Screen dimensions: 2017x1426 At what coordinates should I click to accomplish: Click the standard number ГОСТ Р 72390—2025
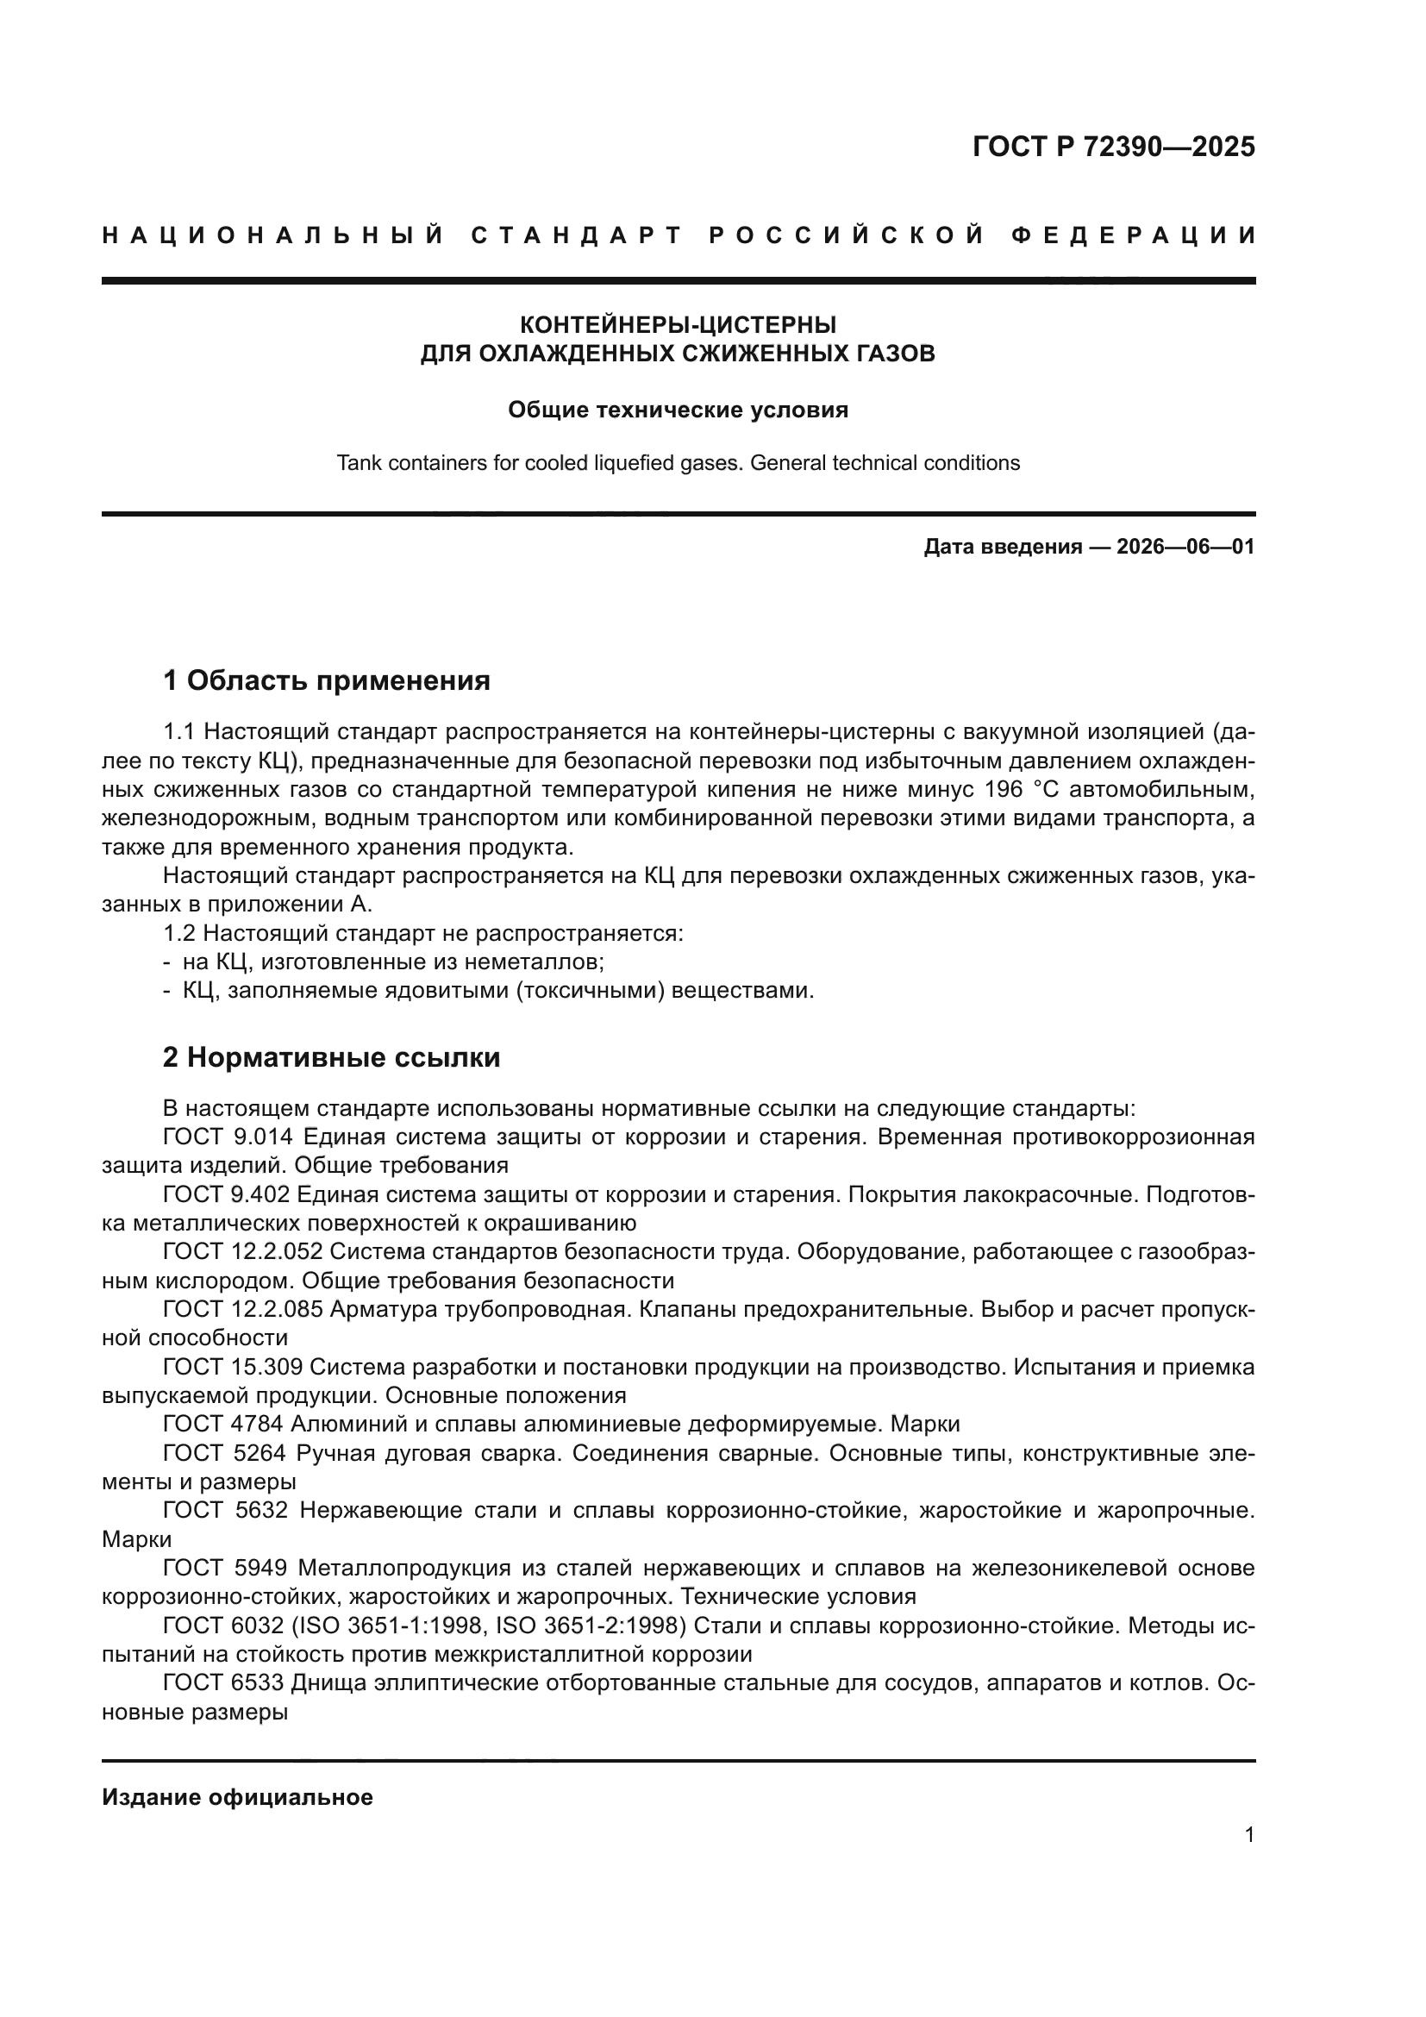tap(1113, 147)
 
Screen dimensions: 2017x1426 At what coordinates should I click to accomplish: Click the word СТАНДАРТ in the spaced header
tap(577, 235)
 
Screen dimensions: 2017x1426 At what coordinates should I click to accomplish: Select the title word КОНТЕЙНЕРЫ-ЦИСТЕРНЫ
tap(678, 325)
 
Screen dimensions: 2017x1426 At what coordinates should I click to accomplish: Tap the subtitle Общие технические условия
tap(678, 410)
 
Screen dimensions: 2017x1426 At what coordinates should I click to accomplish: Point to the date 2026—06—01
tap(1185, 548)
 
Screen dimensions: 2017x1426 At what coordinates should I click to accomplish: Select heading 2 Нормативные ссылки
tap(331, 1058)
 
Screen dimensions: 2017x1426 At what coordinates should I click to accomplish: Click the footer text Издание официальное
tap(237, 1797)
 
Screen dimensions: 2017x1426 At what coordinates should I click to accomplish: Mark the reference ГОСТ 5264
tap(224, 1453)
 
